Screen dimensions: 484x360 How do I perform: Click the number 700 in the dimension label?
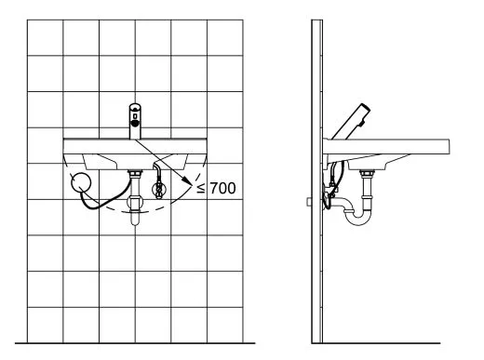point(222,188)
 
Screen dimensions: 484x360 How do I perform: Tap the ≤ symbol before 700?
point(201,188)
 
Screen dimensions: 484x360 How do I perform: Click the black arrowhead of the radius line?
point(187,181)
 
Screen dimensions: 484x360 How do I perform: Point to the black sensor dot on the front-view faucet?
point(135,123)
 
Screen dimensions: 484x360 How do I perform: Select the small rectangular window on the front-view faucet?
point(135,116)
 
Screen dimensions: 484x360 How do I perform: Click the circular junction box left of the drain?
point(81,182)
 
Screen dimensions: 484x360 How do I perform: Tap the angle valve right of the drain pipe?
point(159,189)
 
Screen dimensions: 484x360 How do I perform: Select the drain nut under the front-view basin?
point(135,173)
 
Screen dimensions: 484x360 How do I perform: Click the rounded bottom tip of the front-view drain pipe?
point(135,222)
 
